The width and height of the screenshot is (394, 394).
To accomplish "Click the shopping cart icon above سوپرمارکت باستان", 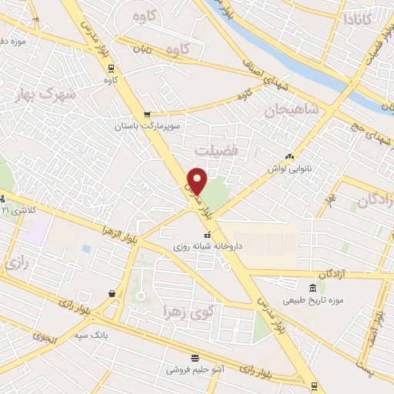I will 146,114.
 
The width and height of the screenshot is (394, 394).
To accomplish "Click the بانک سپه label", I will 109,336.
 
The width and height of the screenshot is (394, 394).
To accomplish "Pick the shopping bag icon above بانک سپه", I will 112,293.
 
